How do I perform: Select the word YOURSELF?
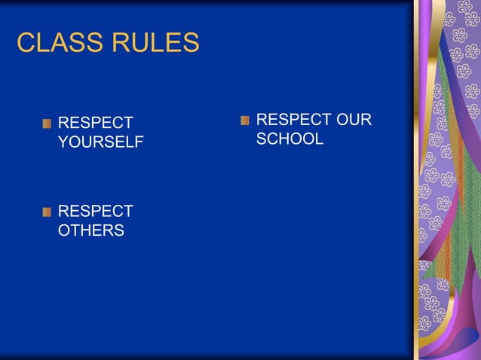pyautogui.click(x=100, y=142)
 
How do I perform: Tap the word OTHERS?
pyautogui.click(x=91, y=231)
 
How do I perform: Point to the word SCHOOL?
pyautogui.click(x=290, y=139)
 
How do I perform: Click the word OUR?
pyautogui.click(x=354, y=120)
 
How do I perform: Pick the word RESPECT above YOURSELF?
pyautogui.click(x=95, y=123)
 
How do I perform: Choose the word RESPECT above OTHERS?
pyautogui.click(x=95, y=212)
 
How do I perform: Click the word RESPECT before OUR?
pyautogui.click(x=293, y=120)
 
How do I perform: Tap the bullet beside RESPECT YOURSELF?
pyautogui.click(x=47, y=124)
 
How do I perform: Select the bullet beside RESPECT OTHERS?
pyautogui.click(x=47, y=212)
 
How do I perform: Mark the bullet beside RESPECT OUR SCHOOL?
pyautogui.click(x=245, y=121)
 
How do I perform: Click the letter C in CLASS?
pyautogui.click(x=26, y=43)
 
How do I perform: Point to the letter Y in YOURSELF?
pyautogui.click(x=63, y=142)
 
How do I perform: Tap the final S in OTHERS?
pyautogui.click(x=119, y=231)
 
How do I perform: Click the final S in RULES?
pyautogui.click(x=191, y=43)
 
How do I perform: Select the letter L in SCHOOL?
pyautogui.click(x=319, y=139)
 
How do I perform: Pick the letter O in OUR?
pyautogui.click(x=342, y=120)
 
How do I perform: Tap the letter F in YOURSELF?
pyautogui.click(x=139, y=142)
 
